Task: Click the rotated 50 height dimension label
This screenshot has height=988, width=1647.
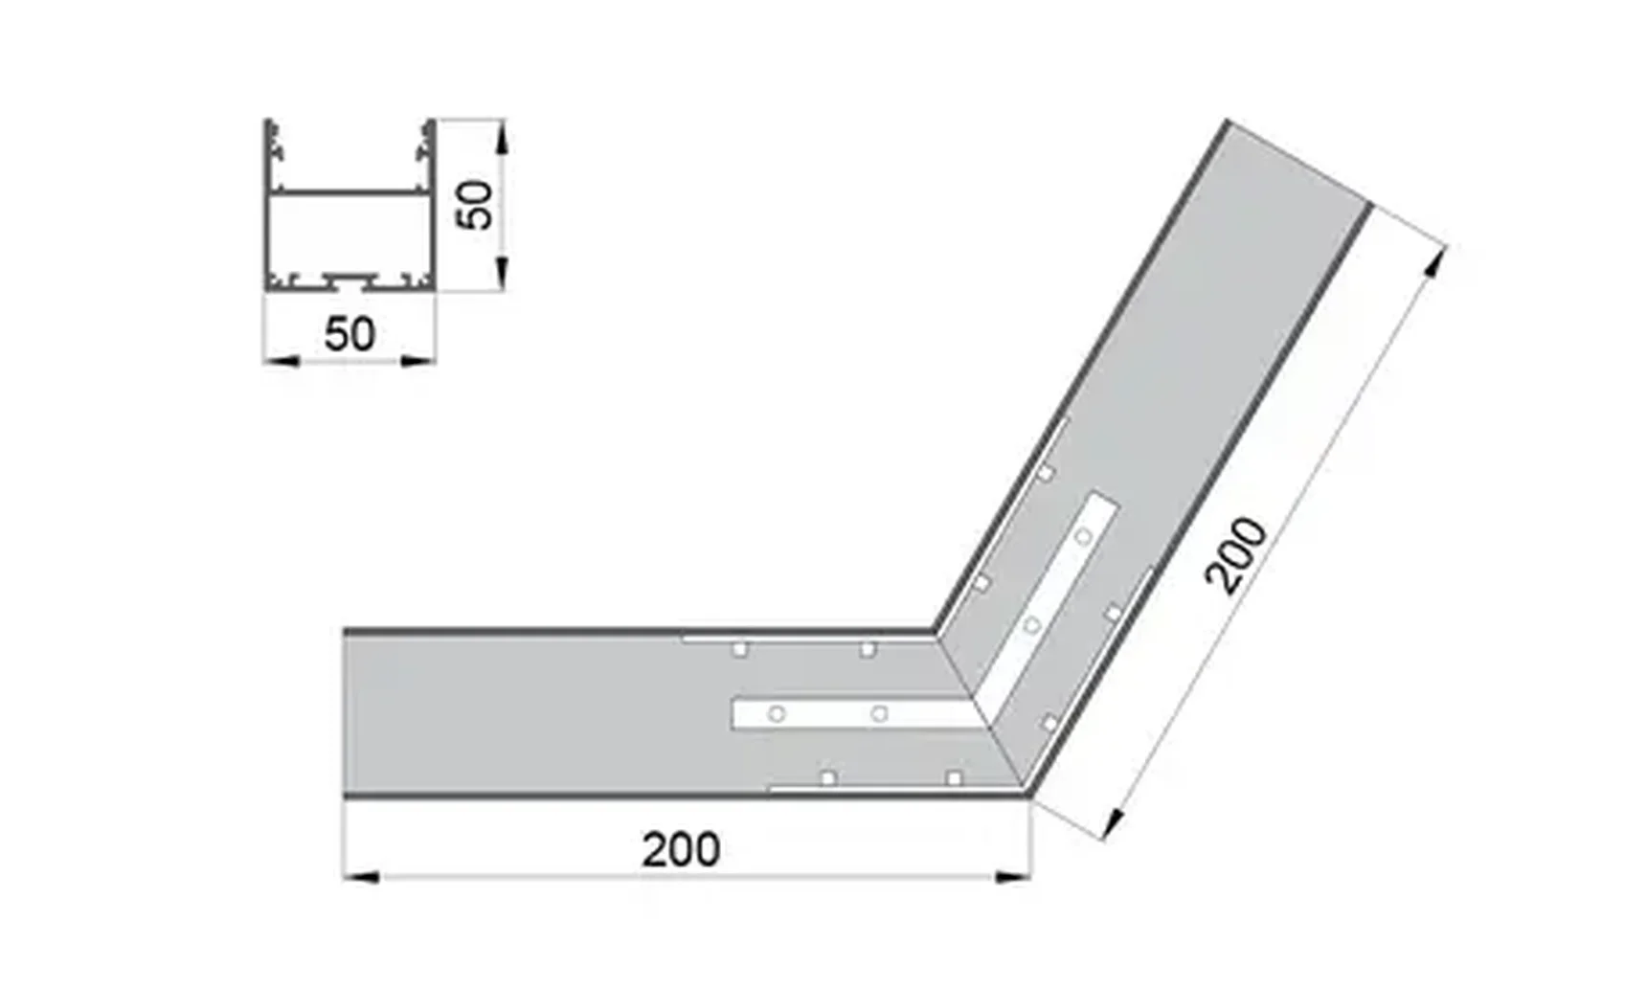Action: (476, 204)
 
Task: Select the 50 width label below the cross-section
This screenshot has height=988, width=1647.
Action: (350, 334)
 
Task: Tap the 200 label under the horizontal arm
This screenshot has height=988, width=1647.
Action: (680, 850)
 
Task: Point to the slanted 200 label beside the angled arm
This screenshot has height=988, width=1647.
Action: (1236, 555)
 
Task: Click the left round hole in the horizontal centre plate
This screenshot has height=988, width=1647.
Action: (777, 714)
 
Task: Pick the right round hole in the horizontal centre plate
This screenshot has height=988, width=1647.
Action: (879, 714)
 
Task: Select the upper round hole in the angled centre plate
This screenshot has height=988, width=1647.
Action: (1082, 537)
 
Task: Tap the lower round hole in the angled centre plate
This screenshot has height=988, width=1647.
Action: (1031, 627)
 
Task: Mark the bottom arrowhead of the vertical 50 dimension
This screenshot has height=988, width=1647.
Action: (501, 275)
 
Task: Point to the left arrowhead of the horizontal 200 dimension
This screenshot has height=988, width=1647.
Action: (360, 876)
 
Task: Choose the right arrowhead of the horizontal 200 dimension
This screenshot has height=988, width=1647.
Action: (1015, 876)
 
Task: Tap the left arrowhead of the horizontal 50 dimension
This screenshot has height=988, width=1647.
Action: (280, 361)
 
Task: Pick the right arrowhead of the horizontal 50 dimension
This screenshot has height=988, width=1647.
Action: (419, 361)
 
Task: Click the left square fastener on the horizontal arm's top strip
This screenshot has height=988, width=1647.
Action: (739, 650)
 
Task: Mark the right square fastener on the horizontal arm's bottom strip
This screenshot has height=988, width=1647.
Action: (954, 778)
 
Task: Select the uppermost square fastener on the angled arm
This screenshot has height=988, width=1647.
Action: (1047, 473)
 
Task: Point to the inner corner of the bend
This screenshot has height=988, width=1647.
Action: (935, 632)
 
